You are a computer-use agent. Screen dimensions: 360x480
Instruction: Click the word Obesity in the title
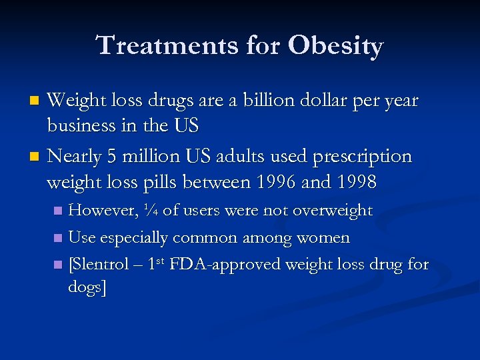tap(336, 46)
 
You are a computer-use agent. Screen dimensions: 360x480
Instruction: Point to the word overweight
tap(331, 211)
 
